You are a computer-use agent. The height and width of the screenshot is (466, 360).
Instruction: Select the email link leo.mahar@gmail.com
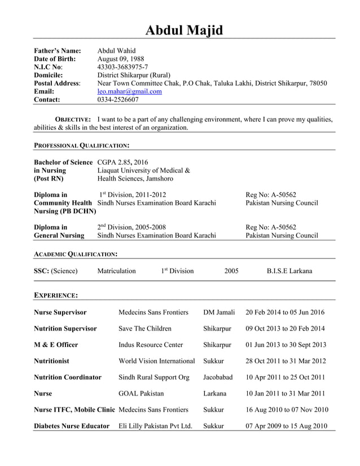click(129, 91)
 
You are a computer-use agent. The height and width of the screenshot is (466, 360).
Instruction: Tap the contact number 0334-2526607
click(118, 100)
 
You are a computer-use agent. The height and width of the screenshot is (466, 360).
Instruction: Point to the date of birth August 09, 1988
click(121, 59)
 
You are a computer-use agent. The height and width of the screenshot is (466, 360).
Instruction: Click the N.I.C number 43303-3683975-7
click(122, 67)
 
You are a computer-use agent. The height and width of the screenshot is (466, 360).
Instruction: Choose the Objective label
click(72, 120)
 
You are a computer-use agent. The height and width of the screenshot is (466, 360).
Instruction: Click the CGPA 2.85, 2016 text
click(122, 162)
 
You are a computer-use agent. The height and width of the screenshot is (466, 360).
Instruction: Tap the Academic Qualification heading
click(76, 254)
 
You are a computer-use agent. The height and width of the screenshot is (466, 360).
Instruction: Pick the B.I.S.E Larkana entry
click(289, 271)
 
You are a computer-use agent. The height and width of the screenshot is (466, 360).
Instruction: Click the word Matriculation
click(116, 271)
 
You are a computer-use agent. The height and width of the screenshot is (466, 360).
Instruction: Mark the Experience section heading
click(56, 295)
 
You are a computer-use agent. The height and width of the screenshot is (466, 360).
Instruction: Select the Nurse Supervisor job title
click(60, 312)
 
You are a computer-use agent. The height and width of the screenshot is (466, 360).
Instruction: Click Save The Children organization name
click(145, 328)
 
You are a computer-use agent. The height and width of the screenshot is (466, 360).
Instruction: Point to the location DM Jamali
click(219, 312)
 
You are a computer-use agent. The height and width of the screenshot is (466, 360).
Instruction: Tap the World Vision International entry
click(157, 361)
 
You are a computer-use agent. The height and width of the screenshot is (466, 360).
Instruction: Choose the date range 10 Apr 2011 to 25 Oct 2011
click(286, 377)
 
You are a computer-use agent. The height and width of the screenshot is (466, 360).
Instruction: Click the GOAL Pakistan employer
click(141, 393)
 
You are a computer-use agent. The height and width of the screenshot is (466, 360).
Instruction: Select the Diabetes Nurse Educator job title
click(72, 426)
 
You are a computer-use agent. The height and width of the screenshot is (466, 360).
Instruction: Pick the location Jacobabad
click(218, 377)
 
